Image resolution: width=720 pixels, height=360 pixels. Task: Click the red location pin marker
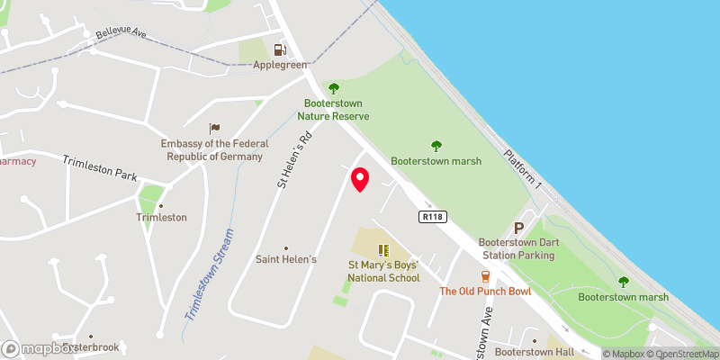point(360,178)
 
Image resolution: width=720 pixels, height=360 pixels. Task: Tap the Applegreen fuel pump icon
point(280,50)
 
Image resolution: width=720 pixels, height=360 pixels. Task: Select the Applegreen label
point(280,65)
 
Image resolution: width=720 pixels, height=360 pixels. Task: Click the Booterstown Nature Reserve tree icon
point(334,88)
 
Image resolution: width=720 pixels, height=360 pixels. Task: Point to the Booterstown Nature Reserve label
point(334,109)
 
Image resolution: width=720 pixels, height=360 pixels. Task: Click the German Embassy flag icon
point(213,129)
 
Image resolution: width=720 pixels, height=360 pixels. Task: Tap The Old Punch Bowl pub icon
point(485,276)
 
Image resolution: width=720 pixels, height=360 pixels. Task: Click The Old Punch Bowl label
point(485,291)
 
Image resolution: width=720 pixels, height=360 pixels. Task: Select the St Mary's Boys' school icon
point(383,250)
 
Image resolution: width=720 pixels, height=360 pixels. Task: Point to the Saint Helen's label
point(287,259)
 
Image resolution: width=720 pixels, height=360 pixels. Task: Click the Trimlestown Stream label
point(209,274)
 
